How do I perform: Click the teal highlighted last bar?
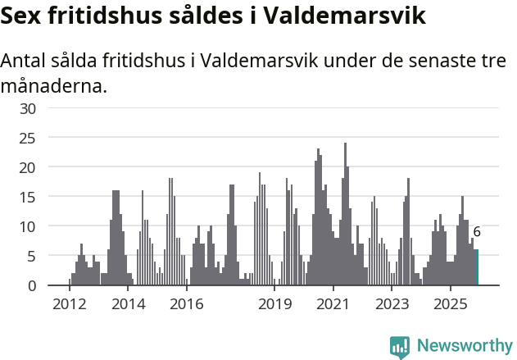[477, 267]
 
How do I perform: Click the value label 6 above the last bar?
[477, 232]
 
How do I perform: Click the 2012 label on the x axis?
[70, 304]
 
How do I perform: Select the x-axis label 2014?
[128, 304]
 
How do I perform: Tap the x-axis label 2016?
[187, 304]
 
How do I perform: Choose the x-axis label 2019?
[275, 304]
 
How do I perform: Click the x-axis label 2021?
[333, 304]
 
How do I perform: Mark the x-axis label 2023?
[392, 304]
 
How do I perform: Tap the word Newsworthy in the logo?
[465, 345]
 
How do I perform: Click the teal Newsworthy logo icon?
[400, 347]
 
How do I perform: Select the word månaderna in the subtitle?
[53, 85]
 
